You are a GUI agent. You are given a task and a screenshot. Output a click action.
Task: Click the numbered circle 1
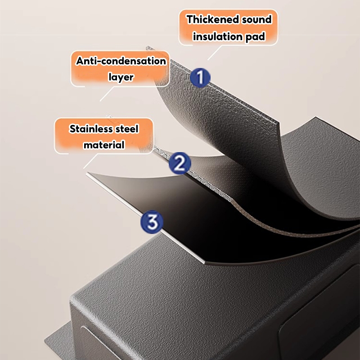pyautogui.click(x=200, y=77)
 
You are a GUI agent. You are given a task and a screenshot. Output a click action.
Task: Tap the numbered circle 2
pyautogui.click(x=180, y=163)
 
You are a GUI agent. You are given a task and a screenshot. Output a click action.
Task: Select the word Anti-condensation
pyautogui.click(x=121, y=61)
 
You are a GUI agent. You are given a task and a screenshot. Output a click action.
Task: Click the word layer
pyautogui.click(x=121, y=77)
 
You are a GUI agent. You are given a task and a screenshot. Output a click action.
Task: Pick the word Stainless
pyautogui.click(x=91, y=129)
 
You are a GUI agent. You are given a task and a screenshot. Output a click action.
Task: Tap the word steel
pyautogui.click(x=126, y=129)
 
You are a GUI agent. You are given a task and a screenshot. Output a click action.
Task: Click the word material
pyautogui.click(x=103, y=145)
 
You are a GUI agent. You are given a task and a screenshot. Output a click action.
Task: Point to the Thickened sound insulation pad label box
pyautogui.click(x=229, y=27)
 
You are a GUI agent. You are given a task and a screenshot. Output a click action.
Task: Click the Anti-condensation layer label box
pyautogui.click(x=121, y=68)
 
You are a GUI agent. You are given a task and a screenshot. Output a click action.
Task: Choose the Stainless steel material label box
pyautogui.click(x=104, y=136)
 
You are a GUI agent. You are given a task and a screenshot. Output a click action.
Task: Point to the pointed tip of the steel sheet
pyautogui.click(x=88, y=173)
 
